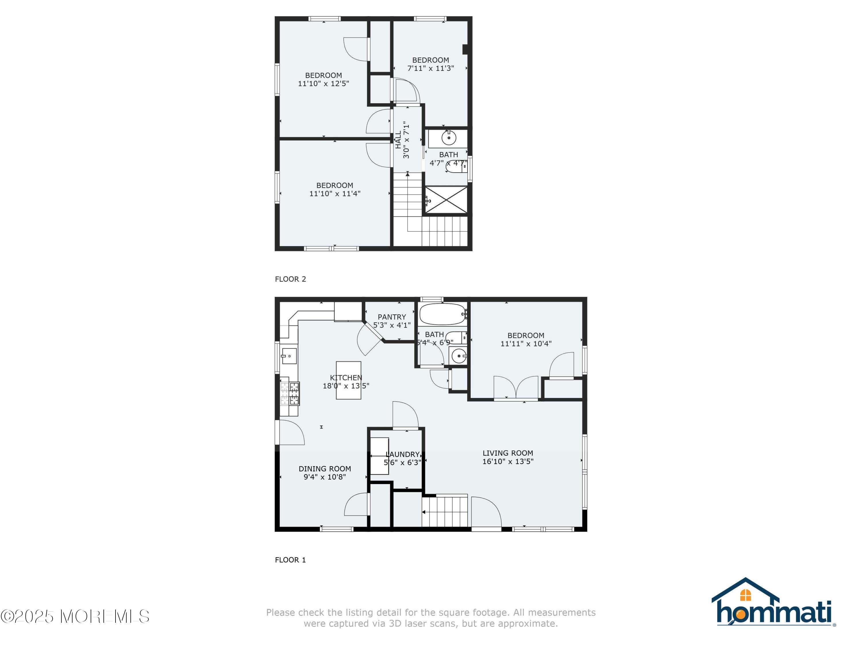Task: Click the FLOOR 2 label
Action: (290, 279)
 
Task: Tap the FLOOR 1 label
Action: (290, 560)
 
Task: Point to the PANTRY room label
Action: (392, 317)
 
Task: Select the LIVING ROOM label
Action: (508, 453)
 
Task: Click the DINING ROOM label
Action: (325, 469)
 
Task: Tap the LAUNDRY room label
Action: (403, 454)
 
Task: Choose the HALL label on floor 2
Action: (398, 140)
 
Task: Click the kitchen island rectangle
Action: (348, 380)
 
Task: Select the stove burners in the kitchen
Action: (290, 393)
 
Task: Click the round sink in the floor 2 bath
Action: (449, 138)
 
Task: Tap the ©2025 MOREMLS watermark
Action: (75, 616)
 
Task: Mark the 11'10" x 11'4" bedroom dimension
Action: (335, 194)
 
